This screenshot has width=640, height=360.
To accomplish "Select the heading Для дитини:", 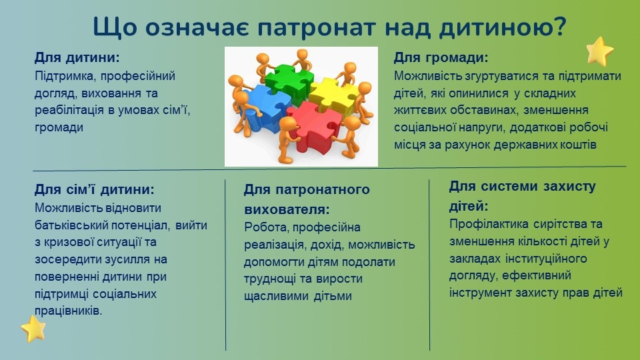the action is click(x=77, y=57).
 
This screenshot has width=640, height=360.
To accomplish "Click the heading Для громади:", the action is click(x=441, y=57).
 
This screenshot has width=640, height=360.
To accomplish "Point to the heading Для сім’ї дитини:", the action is click(x=94, y=189).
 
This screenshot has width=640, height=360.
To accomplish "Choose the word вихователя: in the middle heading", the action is click(x=287, y=210).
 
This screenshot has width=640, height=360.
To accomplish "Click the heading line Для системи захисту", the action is click(x=523, y=186).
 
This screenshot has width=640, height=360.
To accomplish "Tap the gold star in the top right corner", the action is click(x=599, y=51).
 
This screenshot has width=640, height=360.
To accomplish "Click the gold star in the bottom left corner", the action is click(x=33, y=329).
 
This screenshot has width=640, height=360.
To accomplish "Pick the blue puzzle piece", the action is click(x=265, y=107).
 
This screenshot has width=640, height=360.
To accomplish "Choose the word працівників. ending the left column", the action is click(x=68, y=311).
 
